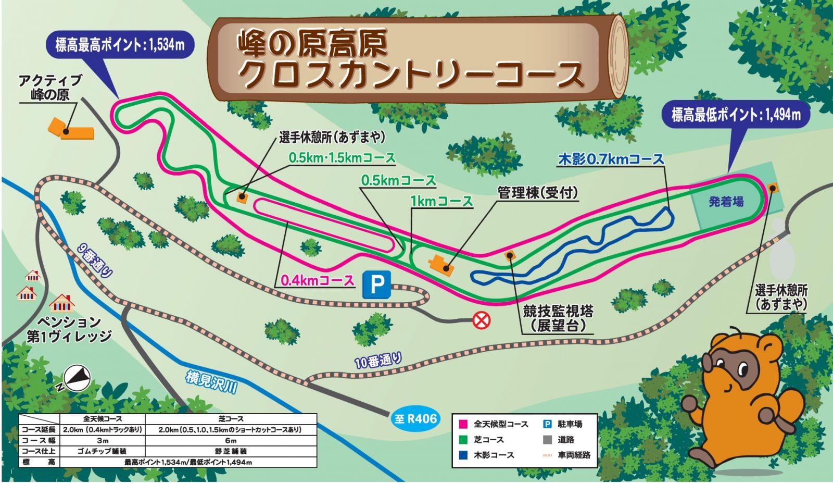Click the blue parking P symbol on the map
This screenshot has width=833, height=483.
376,284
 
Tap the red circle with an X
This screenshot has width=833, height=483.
481,319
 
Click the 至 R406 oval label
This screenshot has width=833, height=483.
415,418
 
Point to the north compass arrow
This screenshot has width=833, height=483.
76,377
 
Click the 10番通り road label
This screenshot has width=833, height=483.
378,360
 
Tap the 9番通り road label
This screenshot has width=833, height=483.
94,261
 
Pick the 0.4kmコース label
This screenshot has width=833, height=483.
318,280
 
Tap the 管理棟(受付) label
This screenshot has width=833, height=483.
538,193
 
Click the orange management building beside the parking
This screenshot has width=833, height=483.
441,265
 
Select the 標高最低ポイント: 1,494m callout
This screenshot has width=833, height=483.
736,114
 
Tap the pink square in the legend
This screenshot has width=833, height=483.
463,424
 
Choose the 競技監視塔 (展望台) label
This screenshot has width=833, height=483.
558,318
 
